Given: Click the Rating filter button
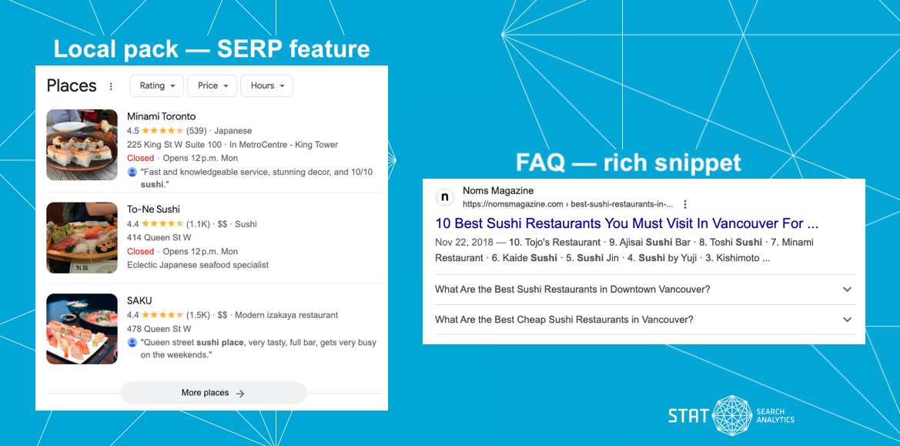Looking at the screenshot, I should click(157, 86).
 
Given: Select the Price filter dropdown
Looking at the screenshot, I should click(212, 86).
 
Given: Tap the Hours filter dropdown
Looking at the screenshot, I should click(266, 86).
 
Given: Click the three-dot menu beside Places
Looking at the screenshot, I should click(111, 86).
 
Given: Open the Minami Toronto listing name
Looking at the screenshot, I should click(161, 116).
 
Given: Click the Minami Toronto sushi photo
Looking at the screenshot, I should click(82, 145).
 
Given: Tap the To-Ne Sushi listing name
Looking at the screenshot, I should click(153, 210).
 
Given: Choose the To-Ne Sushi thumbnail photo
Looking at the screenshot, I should click(82, 238).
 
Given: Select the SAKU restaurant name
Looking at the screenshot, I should click(139, 300).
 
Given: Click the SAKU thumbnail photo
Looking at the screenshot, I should click(82, 329).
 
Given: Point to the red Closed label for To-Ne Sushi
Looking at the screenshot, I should click(140, 251).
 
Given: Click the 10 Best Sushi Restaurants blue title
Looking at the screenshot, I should click(626, 223).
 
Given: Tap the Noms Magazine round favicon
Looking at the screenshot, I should click(445, 197).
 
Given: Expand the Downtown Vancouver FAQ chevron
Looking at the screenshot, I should click(847, 290).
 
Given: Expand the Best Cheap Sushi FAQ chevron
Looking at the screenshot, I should click(847, 320).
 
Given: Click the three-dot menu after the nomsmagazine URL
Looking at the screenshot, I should click(684, 205).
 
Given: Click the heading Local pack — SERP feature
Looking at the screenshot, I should click(212, 49).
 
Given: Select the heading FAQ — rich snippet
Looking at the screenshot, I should click(628, 163).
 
